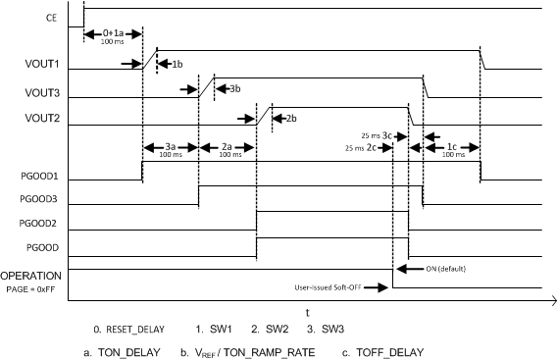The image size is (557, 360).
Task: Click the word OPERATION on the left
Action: point(31,276)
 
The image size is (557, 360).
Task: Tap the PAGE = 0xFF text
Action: point(32,287)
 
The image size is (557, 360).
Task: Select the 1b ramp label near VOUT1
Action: point(177,64)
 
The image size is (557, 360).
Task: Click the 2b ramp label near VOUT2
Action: point(290,119)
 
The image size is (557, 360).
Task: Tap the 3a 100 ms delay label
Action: point(171,149)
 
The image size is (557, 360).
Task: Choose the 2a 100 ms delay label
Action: point(227,149)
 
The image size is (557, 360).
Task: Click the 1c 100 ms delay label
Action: point(451,149)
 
